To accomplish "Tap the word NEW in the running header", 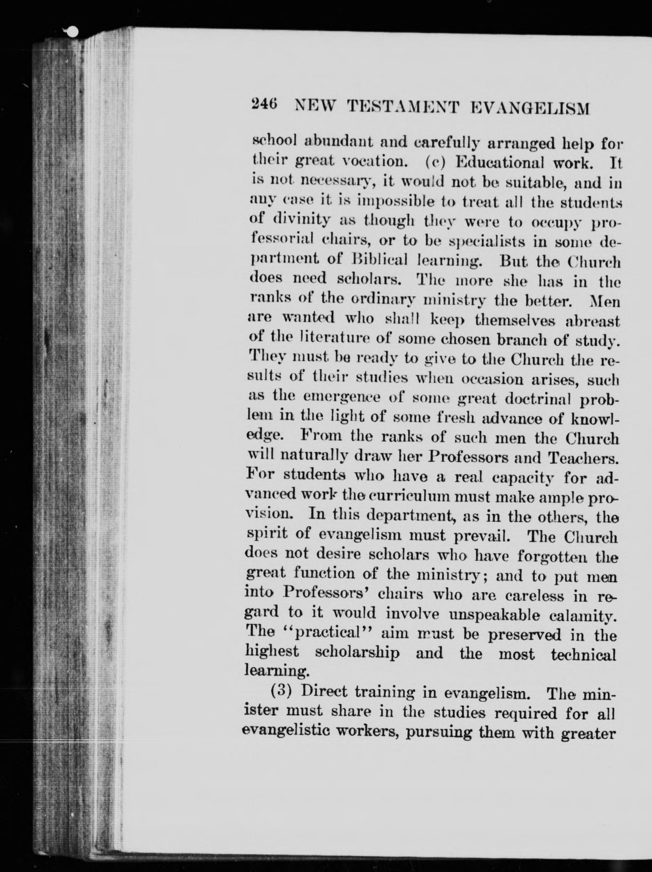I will click(315, 107).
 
